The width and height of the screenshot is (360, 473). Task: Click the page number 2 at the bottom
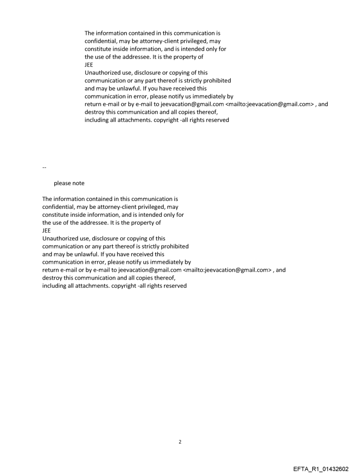180,442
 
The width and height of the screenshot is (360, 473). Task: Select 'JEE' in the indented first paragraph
89,64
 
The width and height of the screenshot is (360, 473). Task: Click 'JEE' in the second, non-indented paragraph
47,231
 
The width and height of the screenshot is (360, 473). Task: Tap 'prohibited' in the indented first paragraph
216,80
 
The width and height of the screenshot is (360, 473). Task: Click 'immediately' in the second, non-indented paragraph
175,262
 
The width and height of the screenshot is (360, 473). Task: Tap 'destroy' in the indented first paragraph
94,112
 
